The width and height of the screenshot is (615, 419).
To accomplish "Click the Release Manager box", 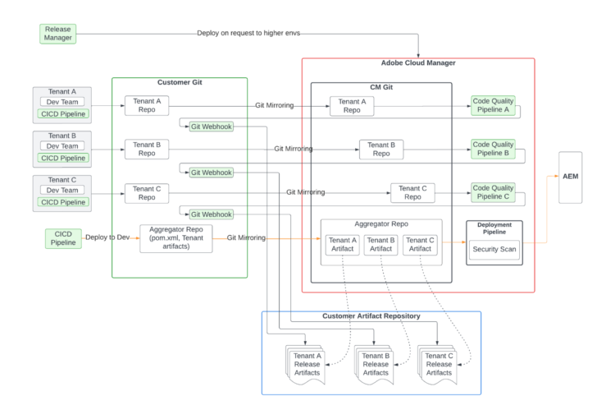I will click(58, 34).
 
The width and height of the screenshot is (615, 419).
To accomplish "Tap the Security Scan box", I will click(494, 249).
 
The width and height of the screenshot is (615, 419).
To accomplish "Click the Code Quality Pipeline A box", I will click(493, 104).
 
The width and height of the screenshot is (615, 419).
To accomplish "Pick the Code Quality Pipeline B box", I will click(493, 148).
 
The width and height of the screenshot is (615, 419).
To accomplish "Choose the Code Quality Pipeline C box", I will click(493, 192).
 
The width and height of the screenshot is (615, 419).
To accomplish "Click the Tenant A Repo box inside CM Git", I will click(352, 105).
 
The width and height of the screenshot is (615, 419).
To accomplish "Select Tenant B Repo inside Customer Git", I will click(147, 149).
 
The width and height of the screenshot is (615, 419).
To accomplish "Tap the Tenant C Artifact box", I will click(419, 244).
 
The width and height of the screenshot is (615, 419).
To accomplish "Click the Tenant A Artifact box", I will click(342, 244).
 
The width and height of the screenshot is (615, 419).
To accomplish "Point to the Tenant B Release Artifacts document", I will click(376, 364).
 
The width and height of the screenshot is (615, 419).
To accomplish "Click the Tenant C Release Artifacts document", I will click(439, 364).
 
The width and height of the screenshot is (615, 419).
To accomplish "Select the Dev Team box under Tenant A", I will click(62, 102).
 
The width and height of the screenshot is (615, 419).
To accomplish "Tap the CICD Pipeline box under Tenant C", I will click(62, 202).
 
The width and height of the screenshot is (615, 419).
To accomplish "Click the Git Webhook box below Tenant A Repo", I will click(211, 127).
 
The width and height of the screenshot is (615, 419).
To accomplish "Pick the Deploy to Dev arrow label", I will click(107, 237).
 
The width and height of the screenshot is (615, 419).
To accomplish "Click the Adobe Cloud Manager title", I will click(418, 63).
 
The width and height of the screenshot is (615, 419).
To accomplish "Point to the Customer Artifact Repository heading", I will click(371, 316).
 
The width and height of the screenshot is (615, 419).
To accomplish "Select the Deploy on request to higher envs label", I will click(248, 34).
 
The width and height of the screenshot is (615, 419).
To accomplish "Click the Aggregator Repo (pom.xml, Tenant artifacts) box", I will click(175, 237).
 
